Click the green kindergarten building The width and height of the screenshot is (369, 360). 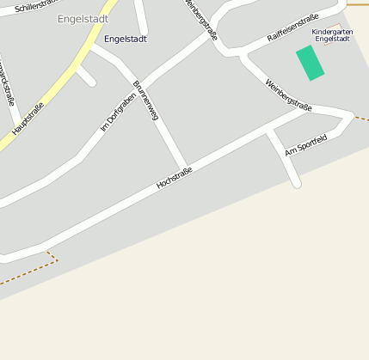point(311,63)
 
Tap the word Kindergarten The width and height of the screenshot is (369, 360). point(332,32)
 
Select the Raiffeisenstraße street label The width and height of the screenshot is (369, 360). point(293,27)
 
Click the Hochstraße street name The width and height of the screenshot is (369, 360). point(174,178)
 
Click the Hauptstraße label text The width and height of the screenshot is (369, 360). point(28,119)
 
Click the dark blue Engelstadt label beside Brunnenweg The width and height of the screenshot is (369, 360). point(126,39)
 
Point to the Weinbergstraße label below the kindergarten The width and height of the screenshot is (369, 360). point(288,95)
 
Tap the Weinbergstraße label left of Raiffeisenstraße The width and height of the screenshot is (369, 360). point(200,21)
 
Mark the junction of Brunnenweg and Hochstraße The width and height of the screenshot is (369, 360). point(183,167)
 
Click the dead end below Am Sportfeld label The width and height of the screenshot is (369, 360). point(297,183)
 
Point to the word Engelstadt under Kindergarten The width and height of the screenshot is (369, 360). point(332,40)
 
